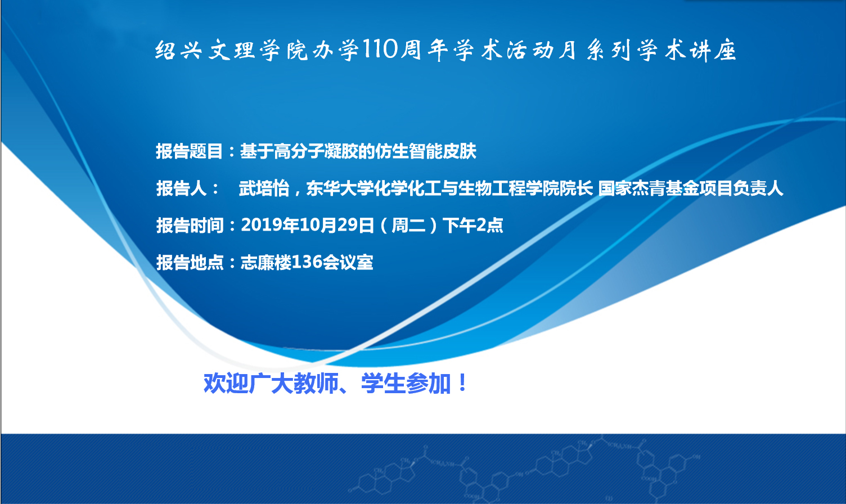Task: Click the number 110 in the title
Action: (x=381, y=49)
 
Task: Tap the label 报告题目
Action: (x=189, y=151)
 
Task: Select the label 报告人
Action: (x=182, y=188)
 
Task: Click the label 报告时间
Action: (x=190, y=225)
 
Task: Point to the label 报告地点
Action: (x=190, y=262)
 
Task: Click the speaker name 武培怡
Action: (x=264, y=188)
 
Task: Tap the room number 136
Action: (x=307, y=262)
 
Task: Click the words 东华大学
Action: (x=340, y=188)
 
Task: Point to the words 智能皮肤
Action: (x=442, y=151)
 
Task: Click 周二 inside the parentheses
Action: (x=408, y=225)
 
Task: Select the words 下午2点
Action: (x=473, y=225)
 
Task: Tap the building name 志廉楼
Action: (x=266, y=262)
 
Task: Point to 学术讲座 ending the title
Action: (x=687, y=50)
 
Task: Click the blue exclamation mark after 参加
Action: (x=462, y=383)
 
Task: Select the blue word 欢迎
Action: (x=226, y=383)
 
